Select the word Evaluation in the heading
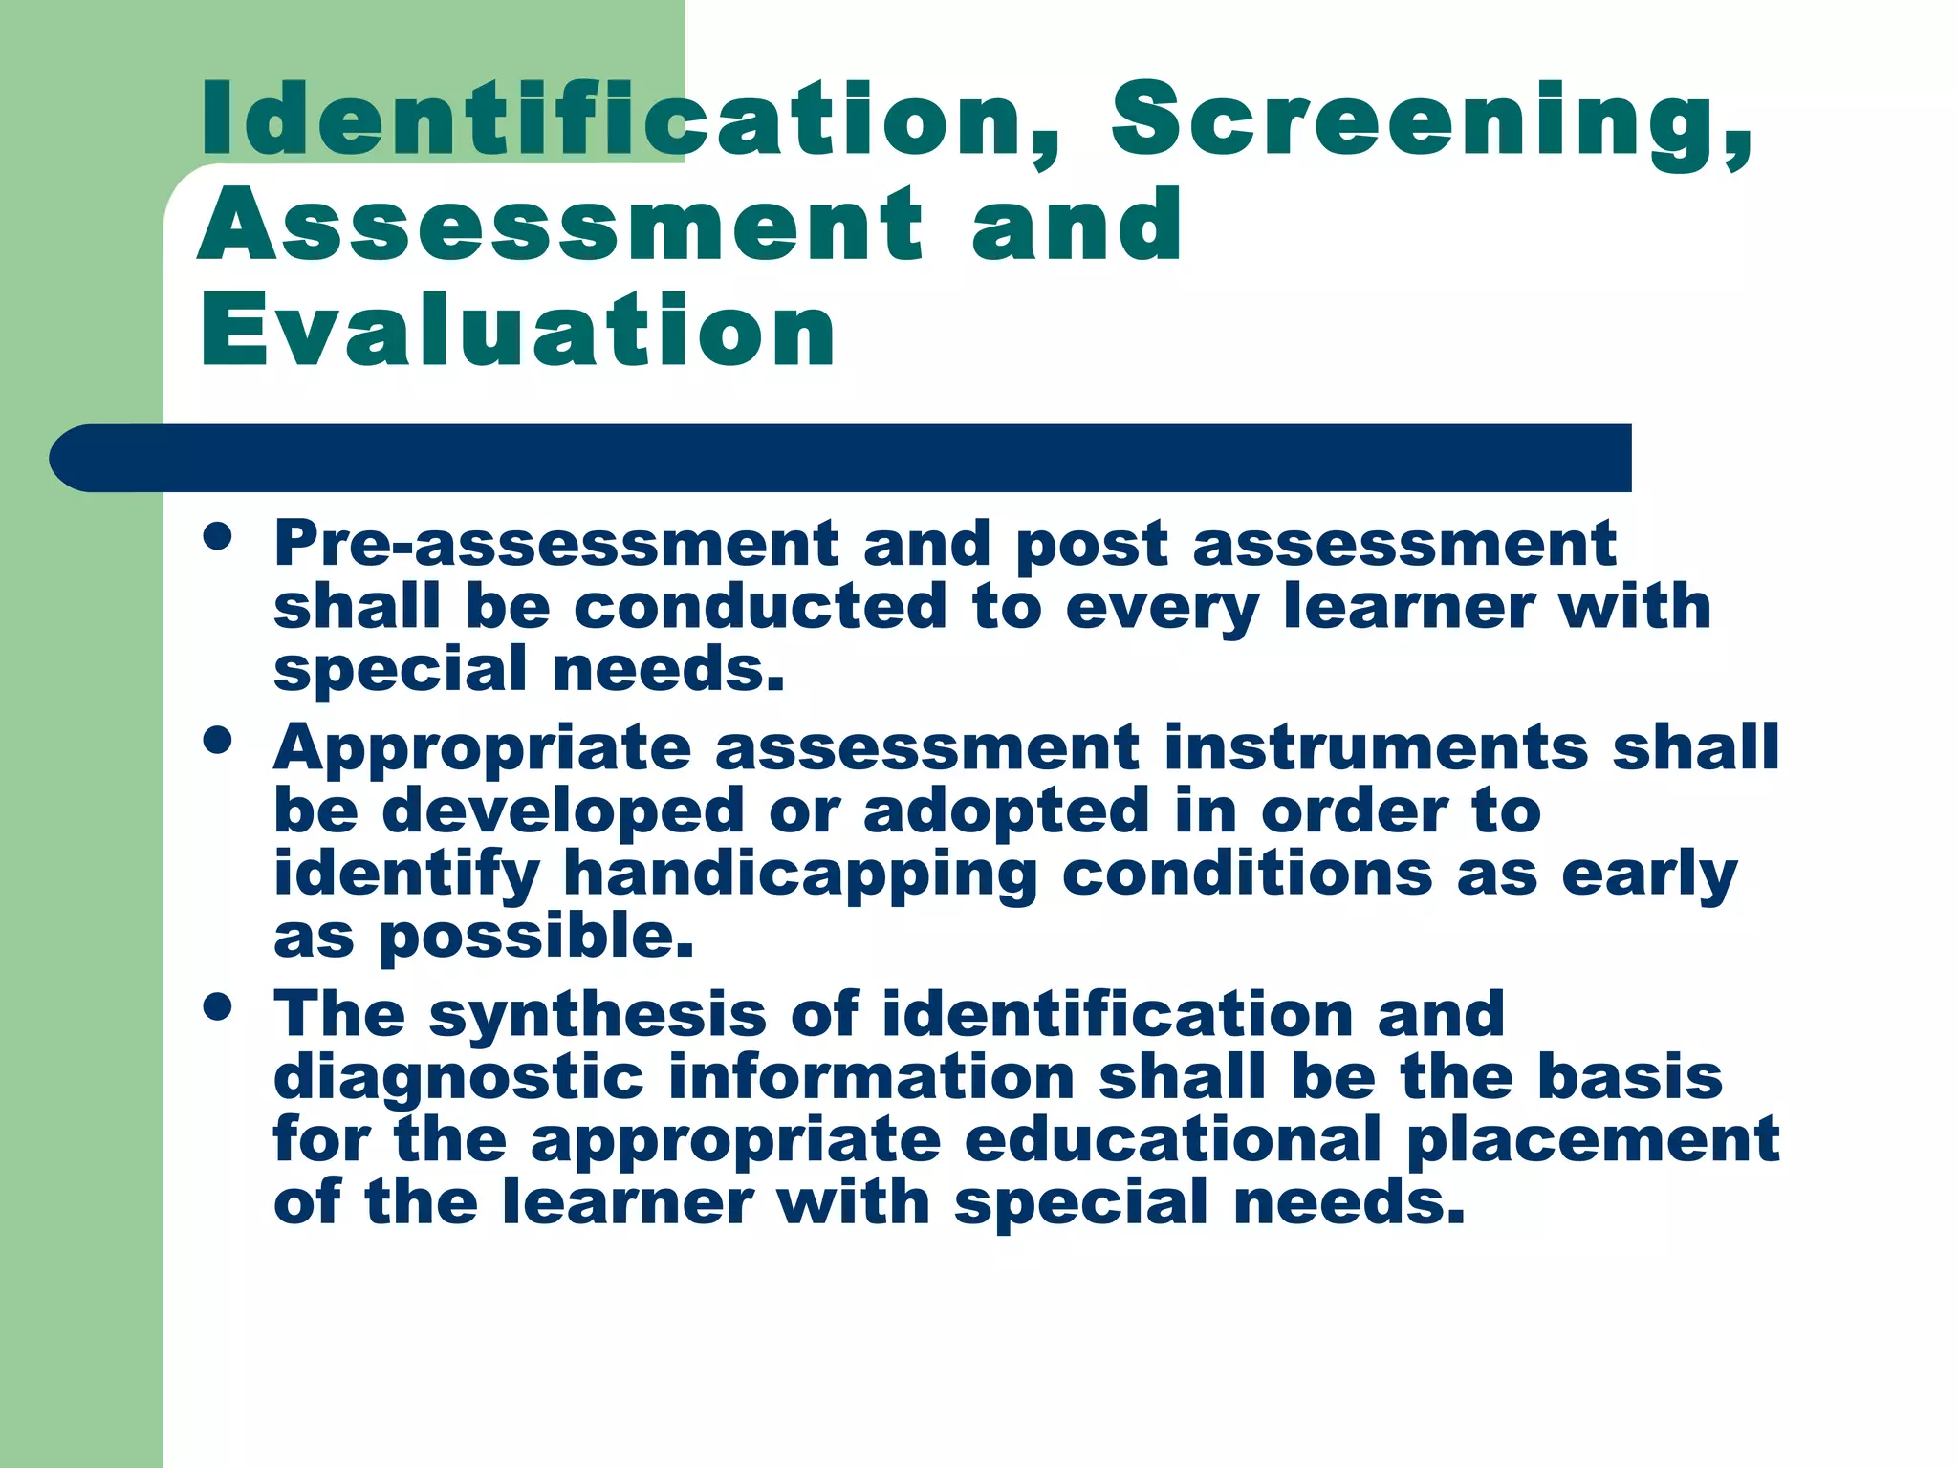(517, 331)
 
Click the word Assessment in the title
(560, 226)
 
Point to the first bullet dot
(218, 537)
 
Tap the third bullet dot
(218, 1007)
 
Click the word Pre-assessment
(555, 544)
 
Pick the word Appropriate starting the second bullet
(482, 747)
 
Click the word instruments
(1377, 747)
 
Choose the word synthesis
(598, 1015)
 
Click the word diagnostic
(459, 1078)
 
